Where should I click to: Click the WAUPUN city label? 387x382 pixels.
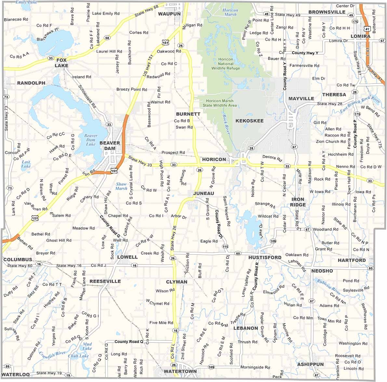[x=169, y=14]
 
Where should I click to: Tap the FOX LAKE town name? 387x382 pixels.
[x=61, y=63]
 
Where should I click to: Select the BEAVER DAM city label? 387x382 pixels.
[x=110, y=146]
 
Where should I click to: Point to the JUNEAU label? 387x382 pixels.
[x=204, y=193]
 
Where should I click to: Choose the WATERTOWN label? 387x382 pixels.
[x=180, y=371]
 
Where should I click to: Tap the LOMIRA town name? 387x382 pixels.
[x=360, y=36]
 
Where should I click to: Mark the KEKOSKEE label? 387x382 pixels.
[x=249, y=121]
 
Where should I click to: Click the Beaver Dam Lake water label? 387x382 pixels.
[x=91, y=140]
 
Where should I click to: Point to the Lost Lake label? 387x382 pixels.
[x=26, y=164]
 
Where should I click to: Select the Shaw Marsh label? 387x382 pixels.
[x=122, y=186]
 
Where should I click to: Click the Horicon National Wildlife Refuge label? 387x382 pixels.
[x=226, y=64]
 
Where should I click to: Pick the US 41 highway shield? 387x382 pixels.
[x=367, y=29]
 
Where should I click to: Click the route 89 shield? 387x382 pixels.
[x=7, y=366]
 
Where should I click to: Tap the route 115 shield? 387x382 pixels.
[x=225, y=247]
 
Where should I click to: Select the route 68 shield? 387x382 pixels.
[x=107, y=38]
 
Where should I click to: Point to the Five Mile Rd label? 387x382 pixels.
[x=161, y=323]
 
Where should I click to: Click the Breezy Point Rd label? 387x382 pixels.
[x=132, y=89]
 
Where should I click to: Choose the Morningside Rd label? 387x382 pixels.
[x=255, y=367]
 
